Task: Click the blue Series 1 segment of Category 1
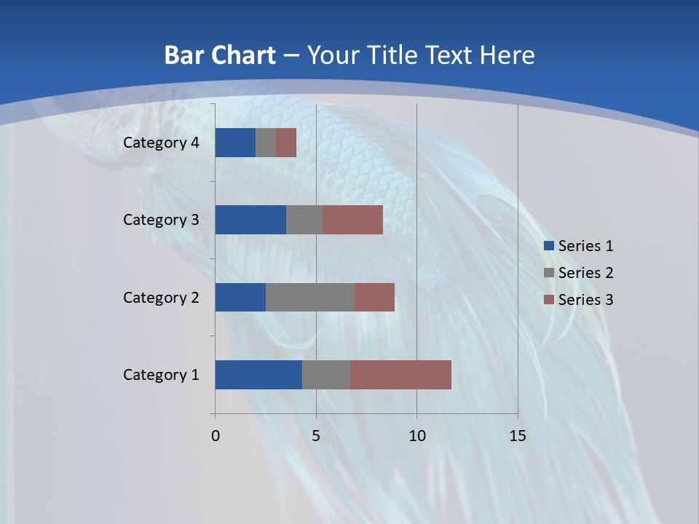258,375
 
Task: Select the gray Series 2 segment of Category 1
326,375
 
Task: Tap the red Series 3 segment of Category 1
400,375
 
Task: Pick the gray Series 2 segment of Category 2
310,297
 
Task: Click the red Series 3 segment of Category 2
374,297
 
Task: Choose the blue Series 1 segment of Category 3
250,220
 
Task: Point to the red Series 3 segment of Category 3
352,220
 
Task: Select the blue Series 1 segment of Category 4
235,143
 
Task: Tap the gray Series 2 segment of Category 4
266,143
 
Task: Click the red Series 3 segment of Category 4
286,143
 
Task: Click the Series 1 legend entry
579,246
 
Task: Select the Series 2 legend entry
579,273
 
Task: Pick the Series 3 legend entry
579,299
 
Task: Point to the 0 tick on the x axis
216,436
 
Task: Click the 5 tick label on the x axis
316,436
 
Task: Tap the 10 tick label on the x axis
416,436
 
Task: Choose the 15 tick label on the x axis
518,436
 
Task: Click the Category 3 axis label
161,220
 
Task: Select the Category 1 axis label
161,375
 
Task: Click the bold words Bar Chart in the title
220,55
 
